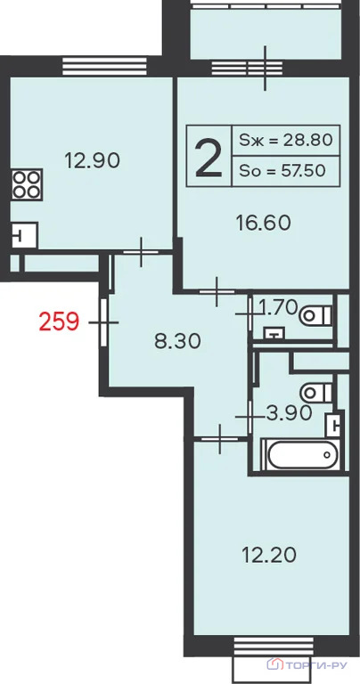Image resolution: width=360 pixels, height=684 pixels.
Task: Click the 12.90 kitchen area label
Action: pyautogui.click(x=92, y=161)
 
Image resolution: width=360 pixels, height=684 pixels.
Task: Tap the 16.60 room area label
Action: pyautogui.click(x=263, y=224)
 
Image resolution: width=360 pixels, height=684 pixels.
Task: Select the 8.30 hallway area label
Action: pyautogui.click(x=177, y=342)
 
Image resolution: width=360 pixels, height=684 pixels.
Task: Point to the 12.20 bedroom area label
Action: pyautogui.click(x=269, y=555)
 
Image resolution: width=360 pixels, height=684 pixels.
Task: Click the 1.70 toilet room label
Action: pyautogui.click(x=278, y=308)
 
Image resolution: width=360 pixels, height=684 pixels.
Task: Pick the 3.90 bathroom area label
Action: pyautogui.click(x=289, y=412)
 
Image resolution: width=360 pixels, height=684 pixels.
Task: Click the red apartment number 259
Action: pyautogui.click(x=59, y=322)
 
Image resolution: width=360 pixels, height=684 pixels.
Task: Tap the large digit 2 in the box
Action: pyautogui.click(x=209, y=157)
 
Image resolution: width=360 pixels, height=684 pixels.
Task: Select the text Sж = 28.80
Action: pyautogui.click(x=286, y=140)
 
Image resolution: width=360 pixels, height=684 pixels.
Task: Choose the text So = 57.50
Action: pyautogui.click(x=282, y=171)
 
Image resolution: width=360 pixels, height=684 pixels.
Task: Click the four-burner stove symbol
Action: pyautogui.click(x=27, y=184)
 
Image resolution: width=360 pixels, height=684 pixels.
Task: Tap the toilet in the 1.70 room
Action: pyautogui.click(x=316, y=315)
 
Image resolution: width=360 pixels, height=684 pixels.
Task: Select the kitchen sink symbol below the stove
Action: pyautogui.click(x=24, y=235)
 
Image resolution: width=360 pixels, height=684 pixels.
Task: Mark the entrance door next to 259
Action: pyautogui.click(x=103, y=322)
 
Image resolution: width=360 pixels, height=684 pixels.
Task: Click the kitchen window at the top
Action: pyautogui.click(x=104, y=66)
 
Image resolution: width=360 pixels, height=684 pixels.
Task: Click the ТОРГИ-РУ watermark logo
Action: pyautogui.click(x=307, y=664)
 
